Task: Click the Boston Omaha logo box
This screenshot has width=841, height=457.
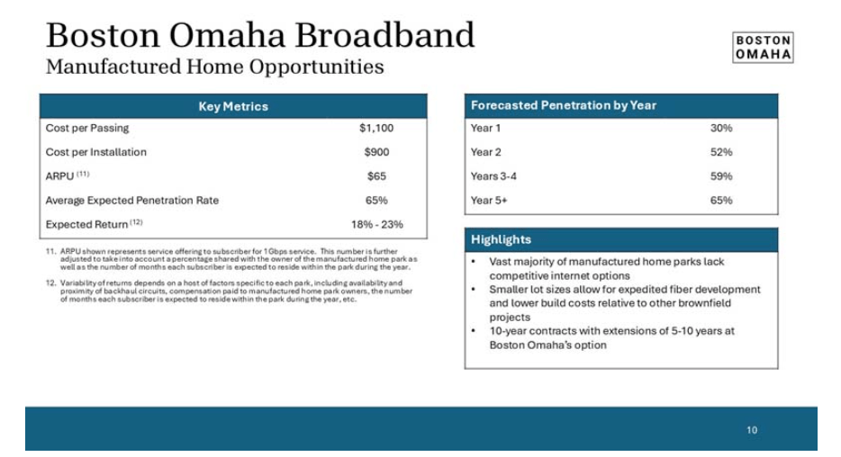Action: point(763,48)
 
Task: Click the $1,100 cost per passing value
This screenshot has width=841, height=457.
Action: point(376,128)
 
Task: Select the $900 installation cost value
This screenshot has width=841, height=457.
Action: point(376,152)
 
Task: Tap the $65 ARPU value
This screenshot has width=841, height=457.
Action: point(376,176)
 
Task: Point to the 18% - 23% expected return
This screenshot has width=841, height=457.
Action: point(377,225)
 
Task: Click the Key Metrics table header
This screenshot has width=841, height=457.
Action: point(233,106)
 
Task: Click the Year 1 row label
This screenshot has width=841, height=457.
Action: point(485,128)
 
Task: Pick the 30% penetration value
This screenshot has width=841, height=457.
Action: point(721,128)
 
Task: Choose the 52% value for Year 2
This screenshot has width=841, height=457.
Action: point(721,152)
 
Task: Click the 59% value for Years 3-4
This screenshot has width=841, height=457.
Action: point(721,176)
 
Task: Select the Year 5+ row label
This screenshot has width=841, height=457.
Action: point(489,201)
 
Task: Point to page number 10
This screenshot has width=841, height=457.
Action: point(752,430)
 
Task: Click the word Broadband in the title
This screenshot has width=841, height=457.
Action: point(384,35)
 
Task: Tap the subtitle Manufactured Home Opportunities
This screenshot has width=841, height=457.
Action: point(214,67)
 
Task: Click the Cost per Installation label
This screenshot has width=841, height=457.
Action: point(96,152)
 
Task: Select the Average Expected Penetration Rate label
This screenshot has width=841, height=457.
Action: point(132,201)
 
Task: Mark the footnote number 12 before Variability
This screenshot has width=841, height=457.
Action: point(51,282)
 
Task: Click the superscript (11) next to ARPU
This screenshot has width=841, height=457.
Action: point(83,174)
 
